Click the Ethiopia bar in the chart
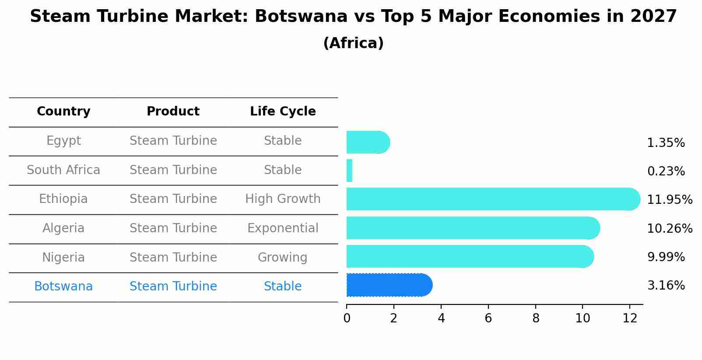coord(490,199)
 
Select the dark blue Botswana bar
coord(387,285)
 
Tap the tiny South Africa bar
coord(349,171)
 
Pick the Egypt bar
coord(367,142)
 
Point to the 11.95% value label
coord(669,200)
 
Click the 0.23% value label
coord(666,171)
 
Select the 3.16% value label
coord(666,286)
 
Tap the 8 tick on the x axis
coord(536,318)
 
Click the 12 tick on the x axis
coord(630,318)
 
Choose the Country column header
coord(63,112)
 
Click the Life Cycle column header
coord(283,112)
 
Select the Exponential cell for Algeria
coord(283,228)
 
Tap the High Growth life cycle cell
coord(283,199)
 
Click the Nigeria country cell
coord(63,257)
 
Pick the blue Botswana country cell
coord(63,287)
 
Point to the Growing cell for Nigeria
coord(283,257)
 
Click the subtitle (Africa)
coord(353,43)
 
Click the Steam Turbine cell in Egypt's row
coord(173,141)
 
